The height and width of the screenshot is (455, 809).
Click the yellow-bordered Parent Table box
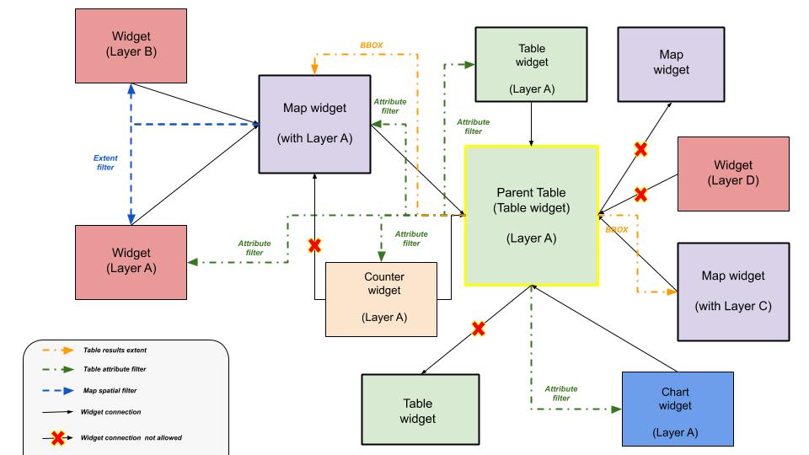click(531, 215)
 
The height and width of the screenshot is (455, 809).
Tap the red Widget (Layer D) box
click(733, 173)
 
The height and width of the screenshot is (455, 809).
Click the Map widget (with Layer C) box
click(732, 291)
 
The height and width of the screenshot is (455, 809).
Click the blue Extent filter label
click(104, 162)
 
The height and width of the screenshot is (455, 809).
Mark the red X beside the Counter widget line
click(314, 245)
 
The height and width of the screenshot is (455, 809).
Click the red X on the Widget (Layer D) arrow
click(640, 195)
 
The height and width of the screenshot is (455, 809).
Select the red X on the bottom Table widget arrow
click(478, 328)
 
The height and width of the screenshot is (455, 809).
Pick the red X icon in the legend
click(58, 437)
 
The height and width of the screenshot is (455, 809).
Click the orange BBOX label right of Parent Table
click(617, 229)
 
